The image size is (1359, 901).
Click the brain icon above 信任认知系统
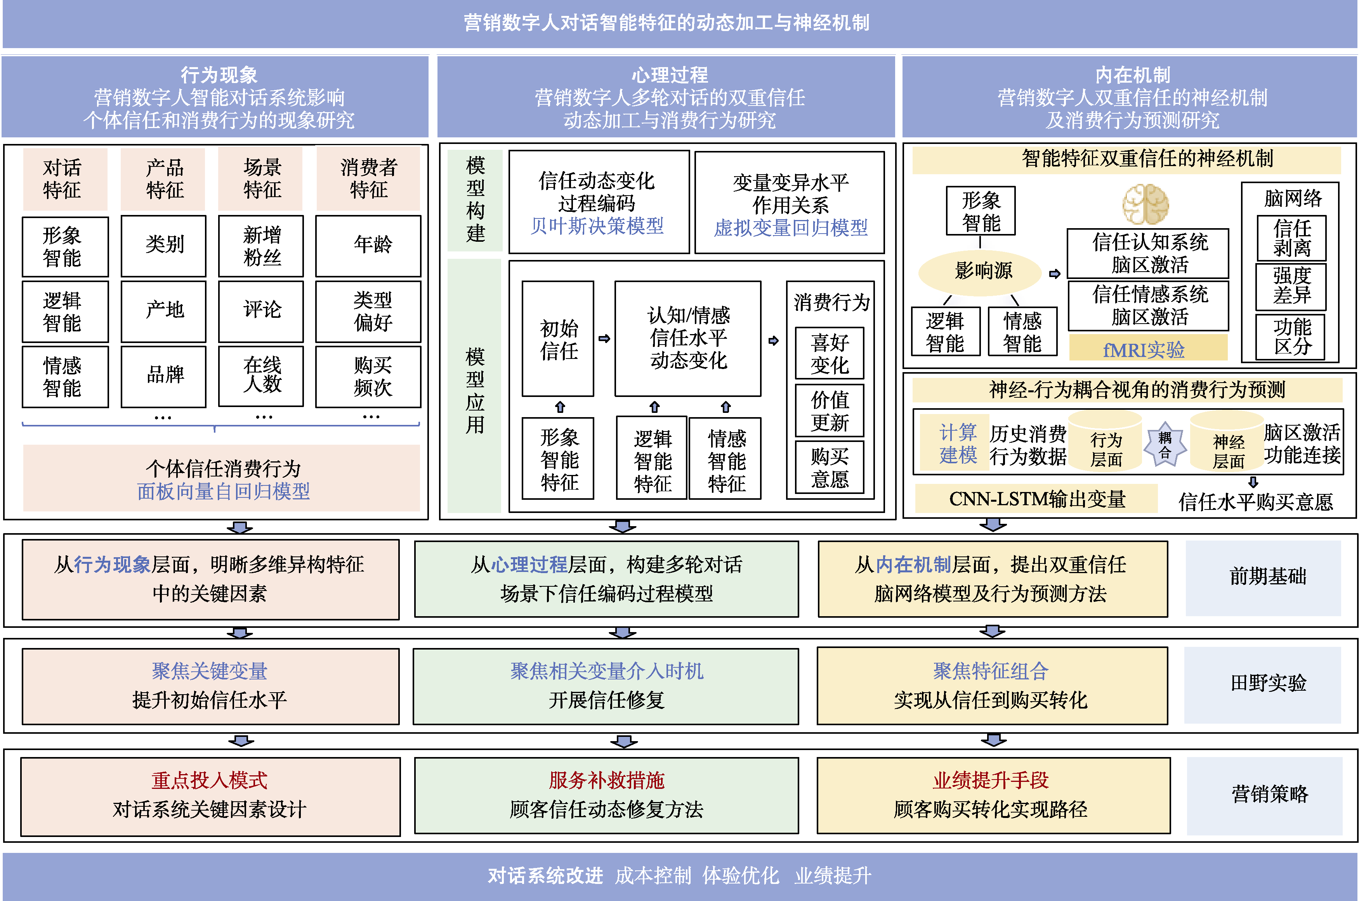1146,204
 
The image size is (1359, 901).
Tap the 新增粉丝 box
262,246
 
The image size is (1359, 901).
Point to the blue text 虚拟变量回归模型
790,227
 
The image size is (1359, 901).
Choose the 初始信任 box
558,339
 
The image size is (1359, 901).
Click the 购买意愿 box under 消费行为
830,467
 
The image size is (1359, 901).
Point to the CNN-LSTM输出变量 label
1036,499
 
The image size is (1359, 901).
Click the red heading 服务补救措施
606,780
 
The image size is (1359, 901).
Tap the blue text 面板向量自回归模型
223,491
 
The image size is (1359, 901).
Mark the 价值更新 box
830,410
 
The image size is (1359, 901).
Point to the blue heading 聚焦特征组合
991,671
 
